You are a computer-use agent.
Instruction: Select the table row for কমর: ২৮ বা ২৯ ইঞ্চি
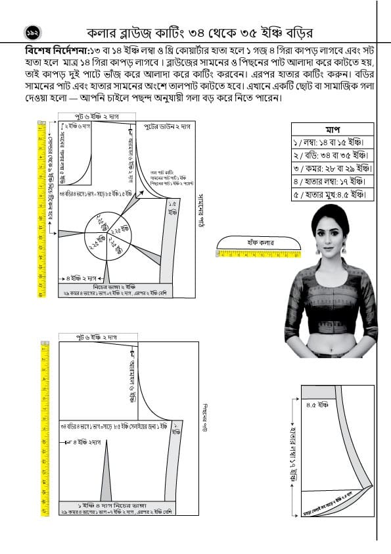click(331, 168)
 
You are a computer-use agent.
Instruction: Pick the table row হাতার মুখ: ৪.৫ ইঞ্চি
click(331, 195)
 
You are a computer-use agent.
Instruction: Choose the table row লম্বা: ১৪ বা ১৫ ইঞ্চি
click(331, 141)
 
